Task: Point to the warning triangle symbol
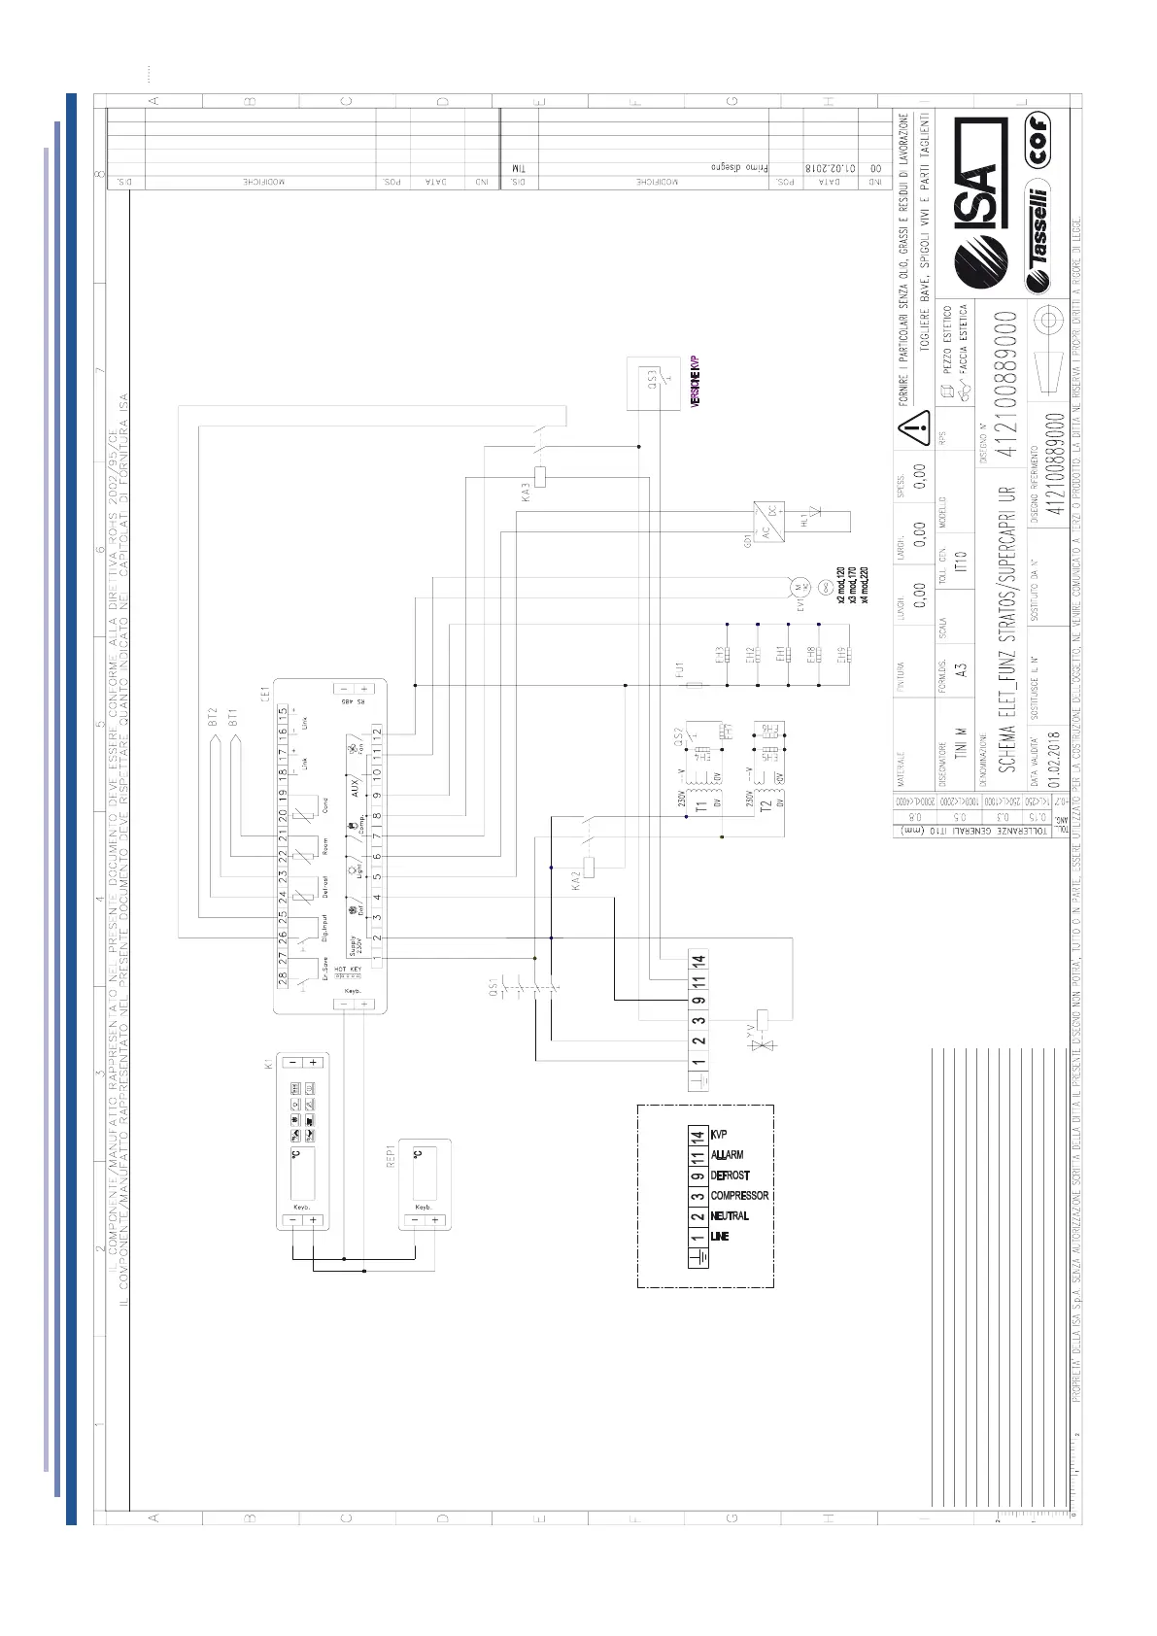pyautogui.click(x=914, y=425)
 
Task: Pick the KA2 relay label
pyautogui.click(x=575, y=881)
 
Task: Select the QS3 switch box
pyautogui.click(x=654, y=384)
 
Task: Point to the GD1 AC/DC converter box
pyautogui.click(x=768, y=522)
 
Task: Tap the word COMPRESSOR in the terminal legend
pyautogui.click(x=739, y=1196)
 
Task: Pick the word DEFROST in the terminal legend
pyautogui.click(x=730, y=1176)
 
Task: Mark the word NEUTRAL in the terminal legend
pyautogui.click(x=730, y=1216)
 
